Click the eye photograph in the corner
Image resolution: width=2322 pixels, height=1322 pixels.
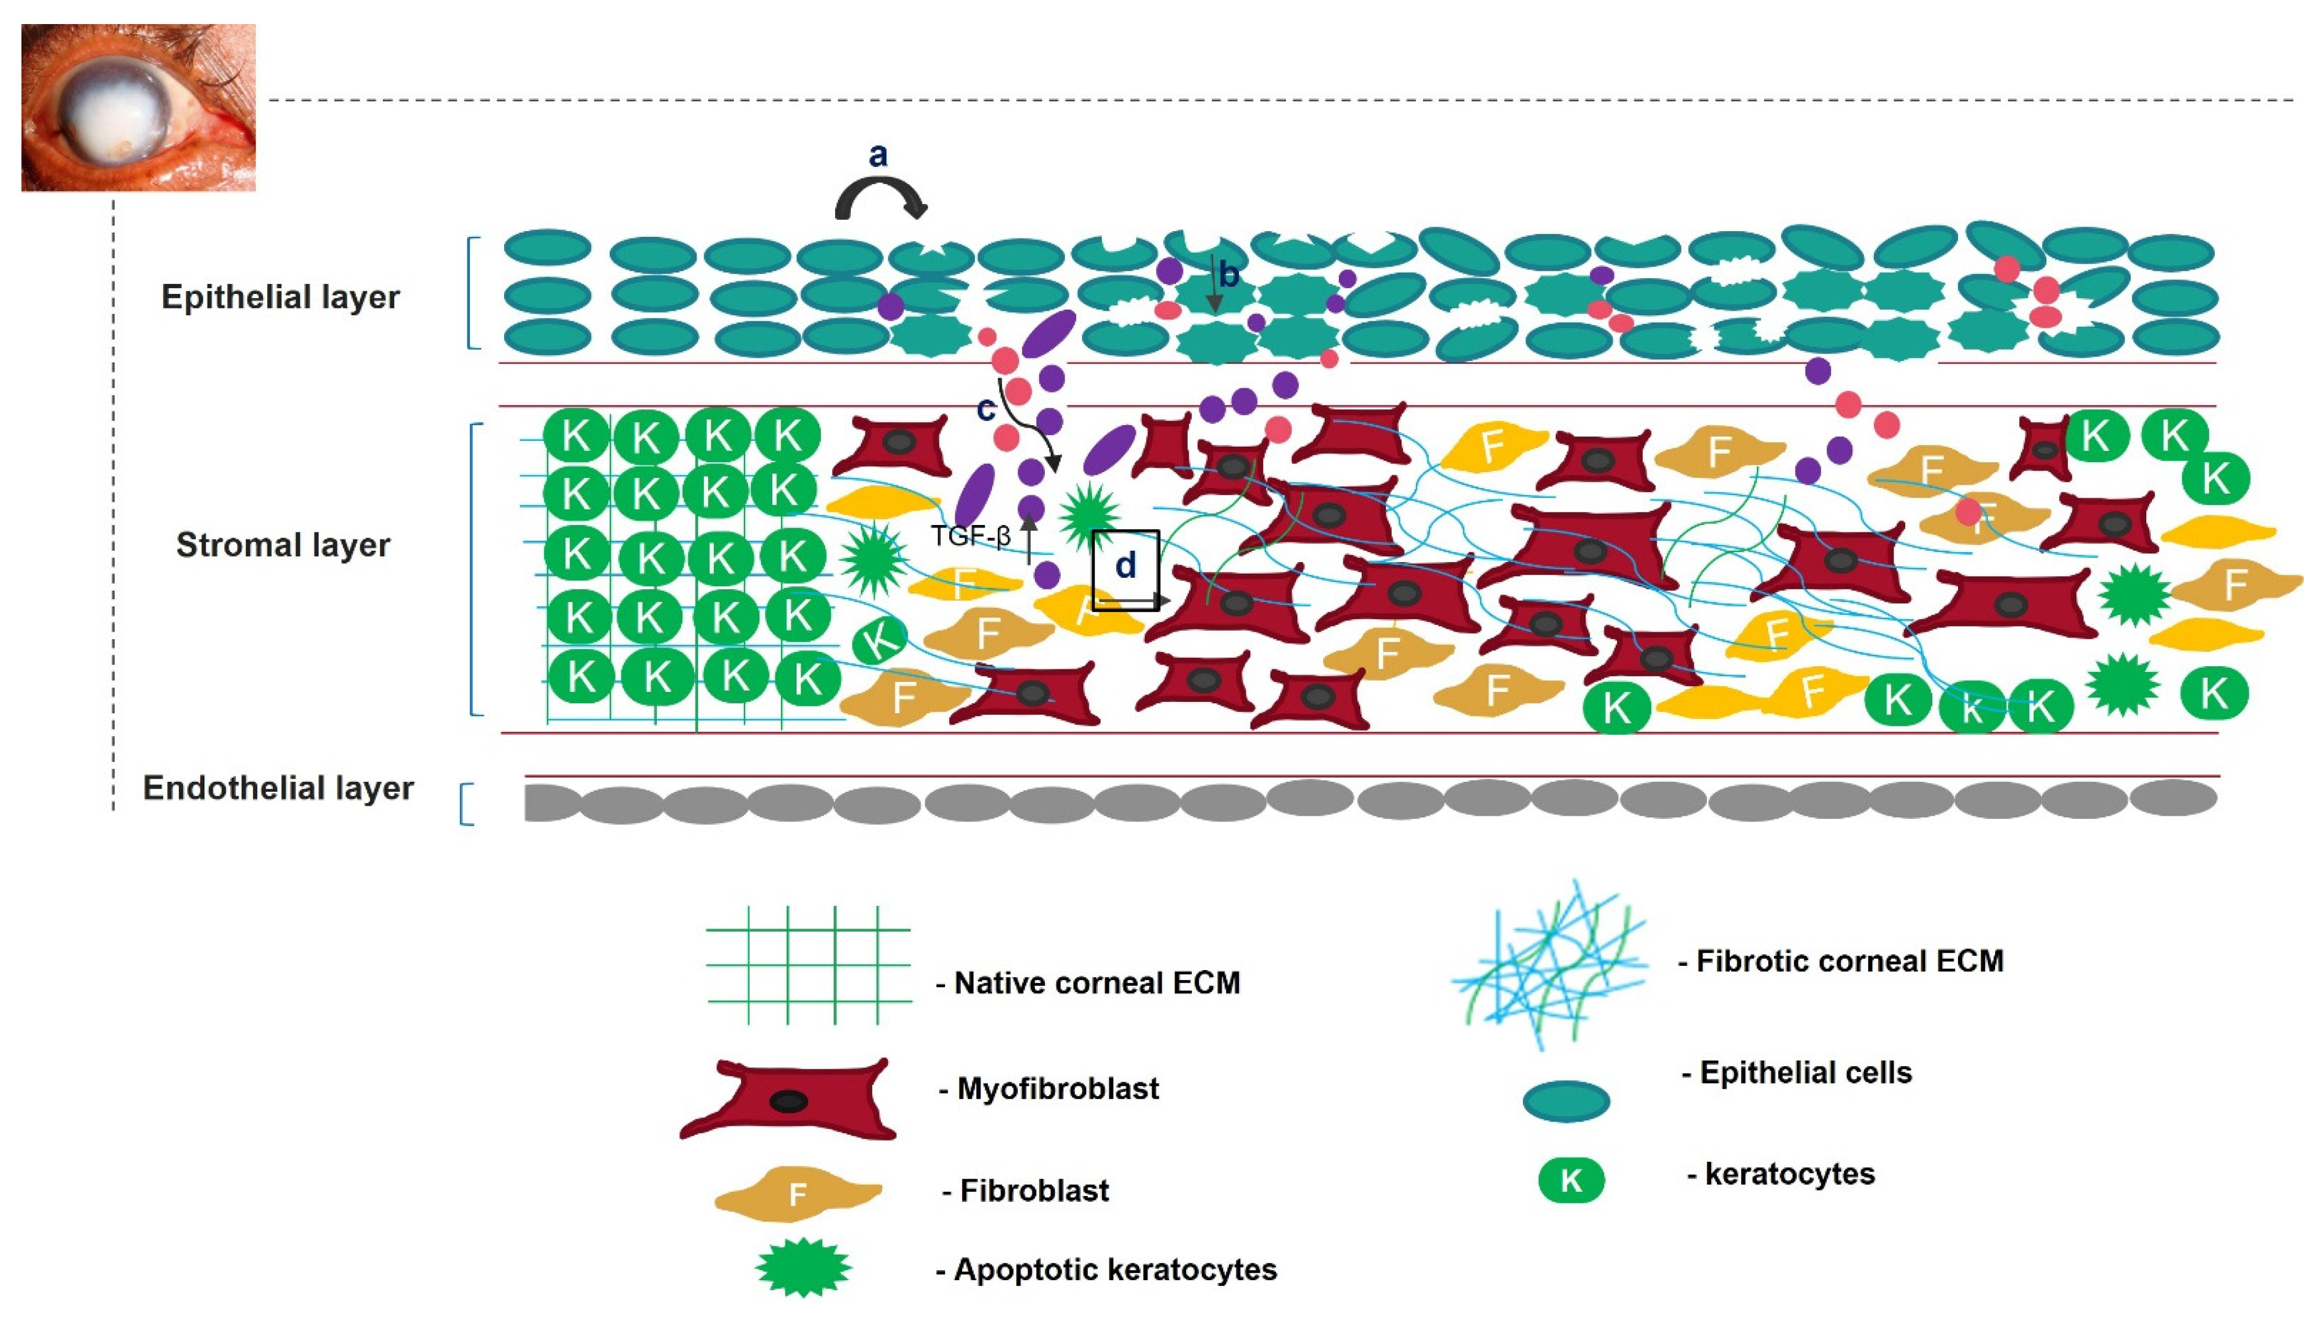(x=138, y=107)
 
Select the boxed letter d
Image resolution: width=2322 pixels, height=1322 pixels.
(x=1125, y=566)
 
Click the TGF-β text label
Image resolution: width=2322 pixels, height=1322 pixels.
(x=970, y=537)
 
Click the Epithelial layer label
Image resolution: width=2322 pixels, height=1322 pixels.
(x=280, y=297)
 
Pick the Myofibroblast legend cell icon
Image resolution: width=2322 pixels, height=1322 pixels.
(x=788, y=1100)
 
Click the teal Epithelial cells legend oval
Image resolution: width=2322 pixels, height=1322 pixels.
(x=1566, y=1101)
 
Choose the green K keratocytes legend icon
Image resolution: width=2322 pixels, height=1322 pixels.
(x=1572, y=1180)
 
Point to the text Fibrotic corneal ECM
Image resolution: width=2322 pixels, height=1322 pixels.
(x=1849, y=961)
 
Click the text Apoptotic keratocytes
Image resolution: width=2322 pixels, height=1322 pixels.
(x=1114, y=1269)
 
